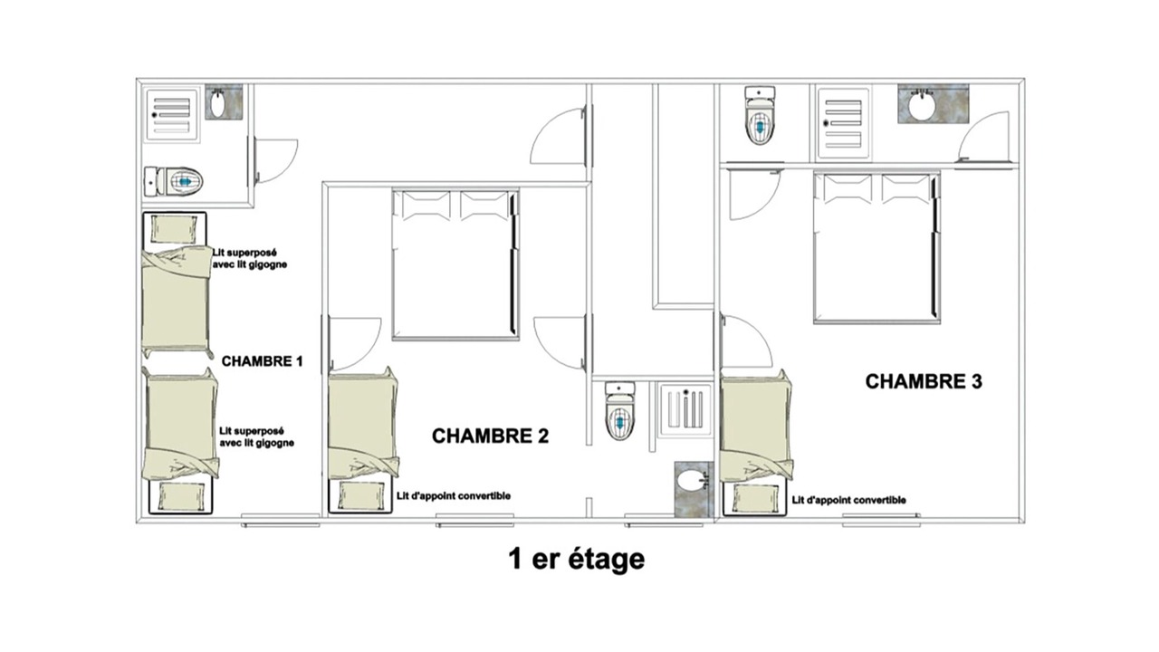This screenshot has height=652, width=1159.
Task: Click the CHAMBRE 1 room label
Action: point(262,361)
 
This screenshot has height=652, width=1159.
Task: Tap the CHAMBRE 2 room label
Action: point(490,436)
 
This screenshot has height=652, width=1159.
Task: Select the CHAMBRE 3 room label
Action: point(924,381)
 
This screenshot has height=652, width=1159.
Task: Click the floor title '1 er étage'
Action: point(577,560)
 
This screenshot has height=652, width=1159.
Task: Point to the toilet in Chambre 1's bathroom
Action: point(173,181)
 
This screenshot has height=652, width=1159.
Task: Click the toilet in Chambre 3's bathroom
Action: point(760,115)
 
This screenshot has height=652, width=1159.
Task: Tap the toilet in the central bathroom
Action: point(620,411)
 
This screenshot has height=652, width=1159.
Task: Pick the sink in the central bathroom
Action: point(694,489)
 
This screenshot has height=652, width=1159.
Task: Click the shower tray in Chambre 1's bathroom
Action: point(172,114)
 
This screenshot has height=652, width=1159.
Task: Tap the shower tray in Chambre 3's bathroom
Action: point(843,122)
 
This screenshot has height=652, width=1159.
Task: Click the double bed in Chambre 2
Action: point(455,264)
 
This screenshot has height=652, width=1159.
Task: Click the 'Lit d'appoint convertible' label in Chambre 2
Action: point(454,495)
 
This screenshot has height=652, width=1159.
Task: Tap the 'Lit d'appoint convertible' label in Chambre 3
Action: point(849,501)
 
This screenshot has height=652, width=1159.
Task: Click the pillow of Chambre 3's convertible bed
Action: point(754,497)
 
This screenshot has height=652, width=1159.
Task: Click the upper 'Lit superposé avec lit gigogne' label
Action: point(250,259)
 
